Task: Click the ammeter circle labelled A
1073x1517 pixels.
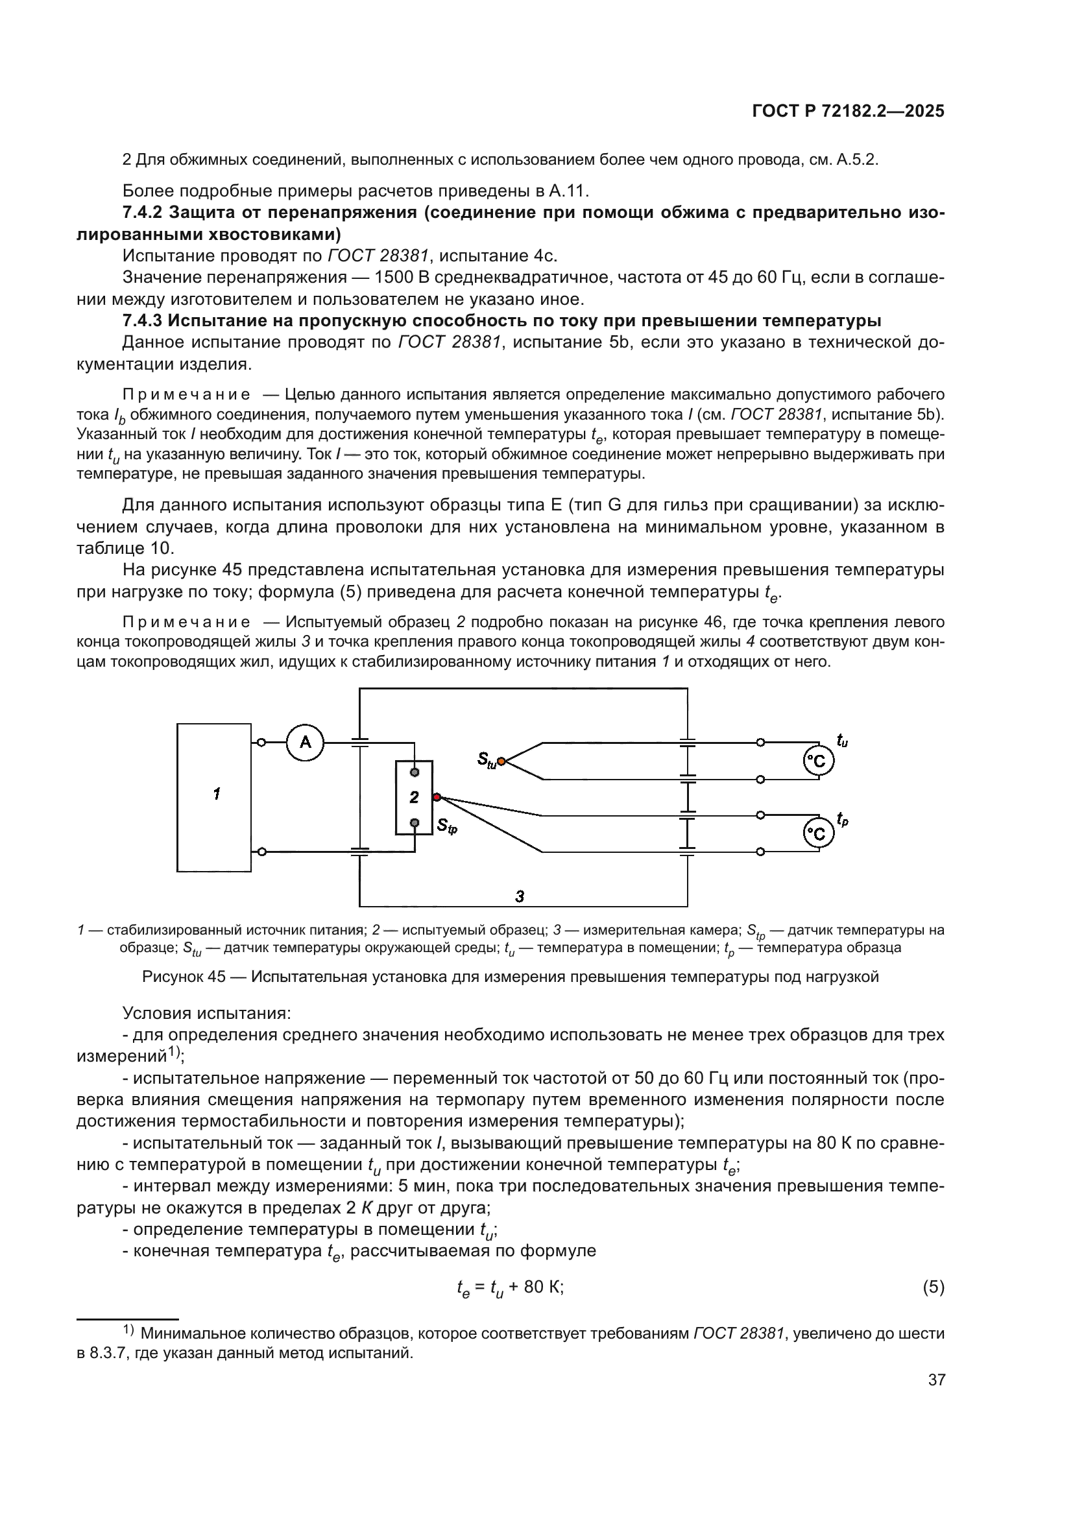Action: pos(306,743)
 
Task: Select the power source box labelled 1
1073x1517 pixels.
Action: pos(214,798)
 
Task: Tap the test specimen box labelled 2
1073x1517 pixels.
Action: pos(415,798)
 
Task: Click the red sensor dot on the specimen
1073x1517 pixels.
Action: pos(437,798)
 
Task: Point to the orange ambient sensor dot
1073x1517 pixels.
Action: pos(501,761)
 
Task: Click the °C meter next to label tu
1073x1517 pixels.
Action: pos(819,761)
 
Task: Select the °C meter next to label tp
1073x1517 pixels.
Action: pos(819,834)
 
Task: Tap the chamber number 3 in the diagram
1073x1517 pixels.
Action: pos(520,896)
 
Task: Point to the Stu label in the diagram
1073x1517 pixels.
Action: pos(487,761)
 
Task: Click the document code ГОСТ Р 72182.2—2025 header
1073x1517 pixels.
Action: pos(849,111)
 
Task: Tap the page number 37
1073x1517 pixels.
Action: pos(936,1380)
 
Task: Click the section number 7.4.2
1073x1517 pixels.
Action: pos(142,213)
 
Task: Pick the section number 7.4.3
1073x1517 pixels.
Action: pos(142,321)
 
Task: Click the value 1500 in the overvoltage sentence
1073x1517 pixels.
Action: pos(394,278)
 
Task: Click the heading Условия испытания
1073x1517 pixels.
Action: pos(206,1014)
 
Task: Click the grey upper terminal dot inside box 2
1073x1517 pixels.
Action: pos(415,772)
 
